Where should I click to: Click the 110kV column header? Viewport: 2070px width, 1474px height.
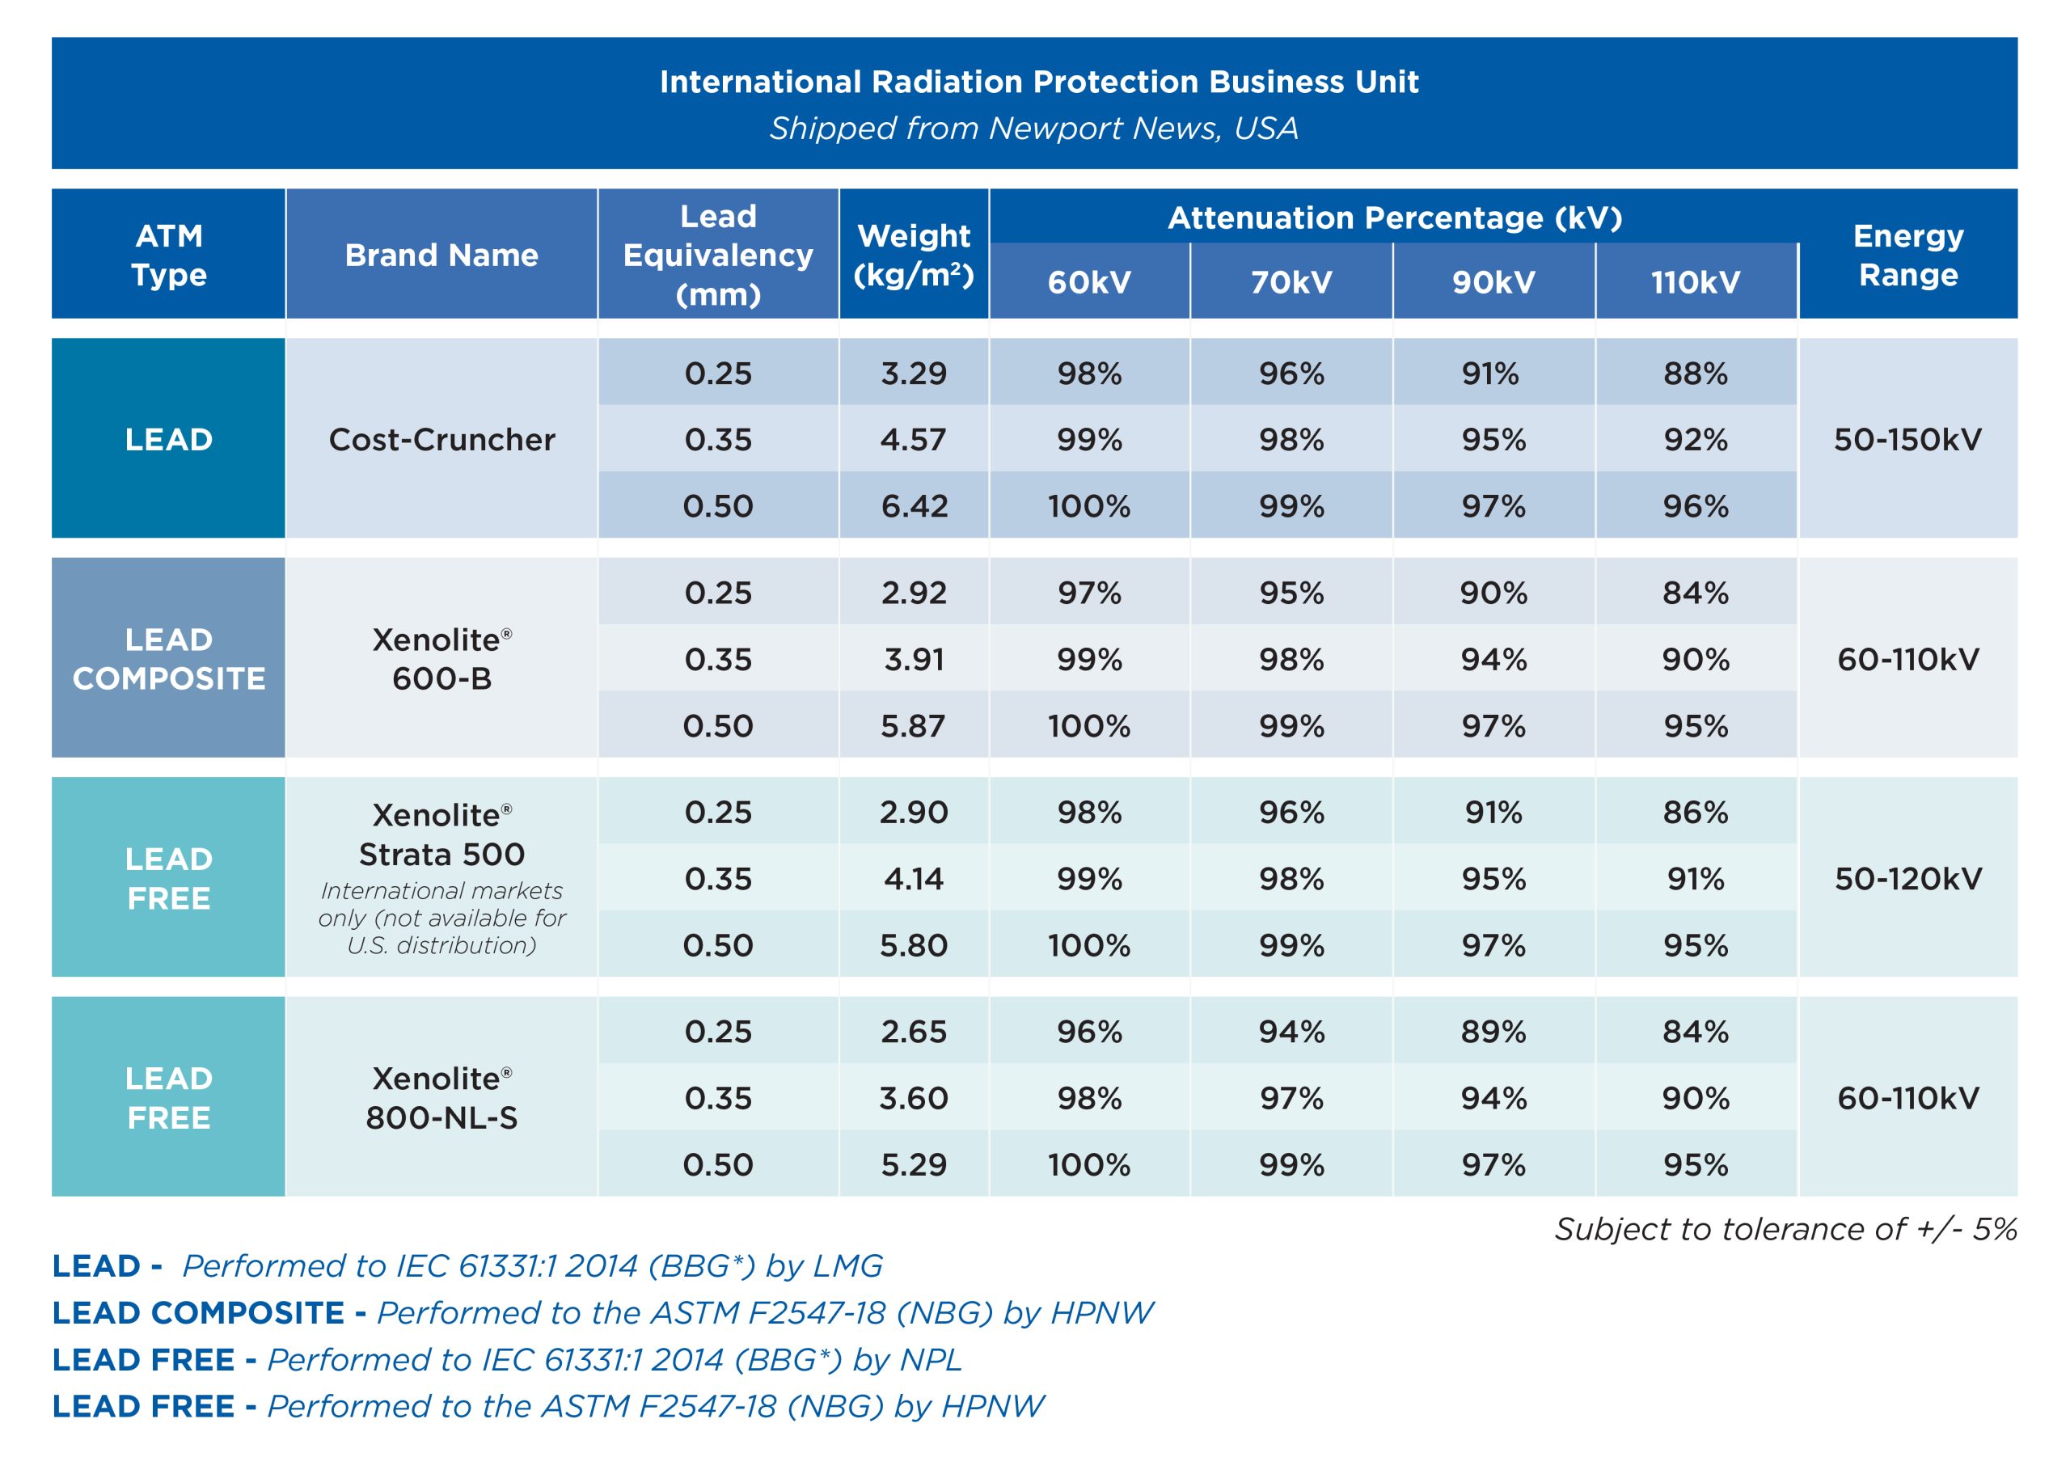[1694, 282]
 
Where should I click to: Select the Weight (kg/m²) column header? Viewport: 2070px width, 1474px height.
[913, 255]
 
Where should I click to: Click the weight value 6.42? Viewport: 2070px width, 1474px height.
[913, 506]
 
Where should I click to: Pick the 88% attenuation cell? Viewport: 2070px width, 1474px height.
[1694, 373]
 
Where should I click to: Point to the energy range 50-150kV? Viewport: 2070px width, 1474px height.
[1907, 439]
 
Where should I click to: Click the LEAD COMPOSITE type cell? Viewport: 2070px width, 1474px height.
[169, 659]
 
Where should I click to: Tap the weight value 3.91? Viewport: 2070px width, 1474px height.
[913, 660]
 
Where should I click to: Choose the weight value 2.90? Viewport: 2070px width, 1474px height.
[913, 813]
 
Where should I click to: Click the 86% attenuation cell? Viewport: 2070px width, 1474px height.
[1694, 813]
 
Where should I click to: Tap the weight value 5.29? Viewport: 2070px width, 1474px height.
[913, 1165]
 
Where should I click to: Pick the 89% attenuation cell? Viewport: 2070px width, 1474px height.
[1493, 1032]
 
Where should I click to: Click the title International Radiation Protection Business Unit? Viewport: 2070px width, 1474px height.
[1038, 82]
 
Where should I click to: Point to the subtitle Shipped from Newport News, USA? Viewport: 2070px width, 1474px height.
[1033, 128]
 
